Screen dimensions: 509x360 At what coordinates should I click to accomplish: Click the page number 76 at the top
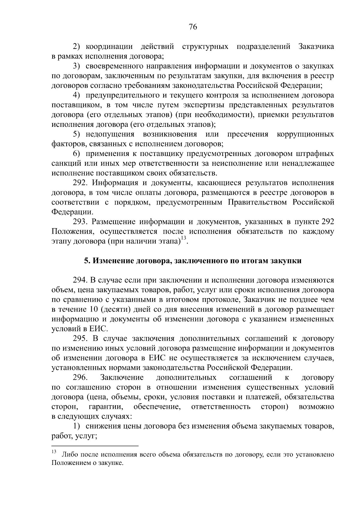pos(193,27)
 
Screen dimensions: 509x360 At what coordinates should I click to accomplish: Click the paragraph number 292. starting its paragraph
pos(81,183)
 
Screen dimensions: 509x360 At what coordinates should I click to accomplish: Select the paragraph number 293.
pos(81,222)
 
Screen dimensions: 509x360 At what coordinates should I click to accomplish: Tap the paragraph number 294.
pos(81,280)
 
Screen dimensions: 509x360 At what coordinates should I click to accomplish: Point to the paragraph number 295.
pos(81,339)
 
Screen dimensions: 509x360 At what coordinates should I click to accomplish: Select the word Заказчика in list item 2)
pos(316,47)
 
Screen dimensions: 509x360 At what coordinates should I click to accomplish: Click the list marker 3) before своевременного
pos(77,66)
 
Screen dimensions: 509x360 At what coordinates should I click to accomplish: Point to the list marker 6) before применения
pos(77,154)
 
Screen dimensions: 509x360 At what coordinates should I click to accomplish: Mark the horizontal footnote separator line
pos(95,446)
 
